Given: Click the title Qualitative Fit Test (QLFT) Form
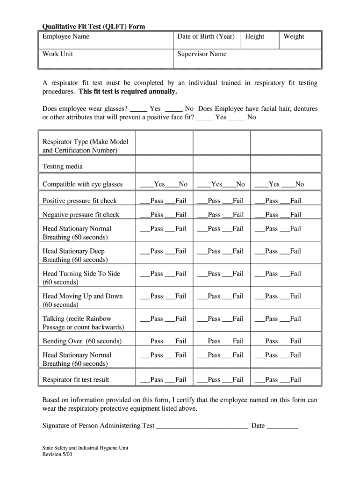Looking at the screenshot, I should coord(94,27).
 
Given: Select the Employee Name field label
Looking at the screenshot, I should coord(66,36).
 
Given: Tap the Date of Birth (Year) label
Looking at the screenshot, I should coord(206,36).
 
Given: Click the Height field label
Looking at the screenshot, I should coord(254,36).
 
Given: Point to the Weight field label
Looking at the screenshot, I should coord(294,36).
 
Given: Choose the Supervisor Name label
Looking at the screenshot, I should coord(202,54).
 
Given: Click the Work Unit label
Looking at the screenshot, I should coord(58,54).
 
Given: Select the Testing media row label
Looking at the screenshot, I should coord(63,166).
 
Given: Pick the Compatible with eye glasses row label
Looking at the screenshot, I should coord(82,184).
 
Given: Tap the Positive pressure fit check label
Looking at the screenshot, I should coord(79,201).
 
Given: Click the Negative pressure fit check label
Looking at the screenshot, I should coord(81,215).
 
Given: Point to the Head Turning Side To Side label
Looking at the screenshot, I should coord(81,274).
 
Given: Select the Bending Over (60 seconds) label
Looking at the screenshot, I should coord(82,341).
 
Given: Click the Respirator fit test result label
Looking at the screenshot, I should coord(76,380).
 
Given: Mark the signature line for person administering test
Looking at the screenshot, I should coord(202,427).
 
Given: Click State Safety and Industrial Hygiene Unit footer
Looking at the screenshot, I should coord(85,448).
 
